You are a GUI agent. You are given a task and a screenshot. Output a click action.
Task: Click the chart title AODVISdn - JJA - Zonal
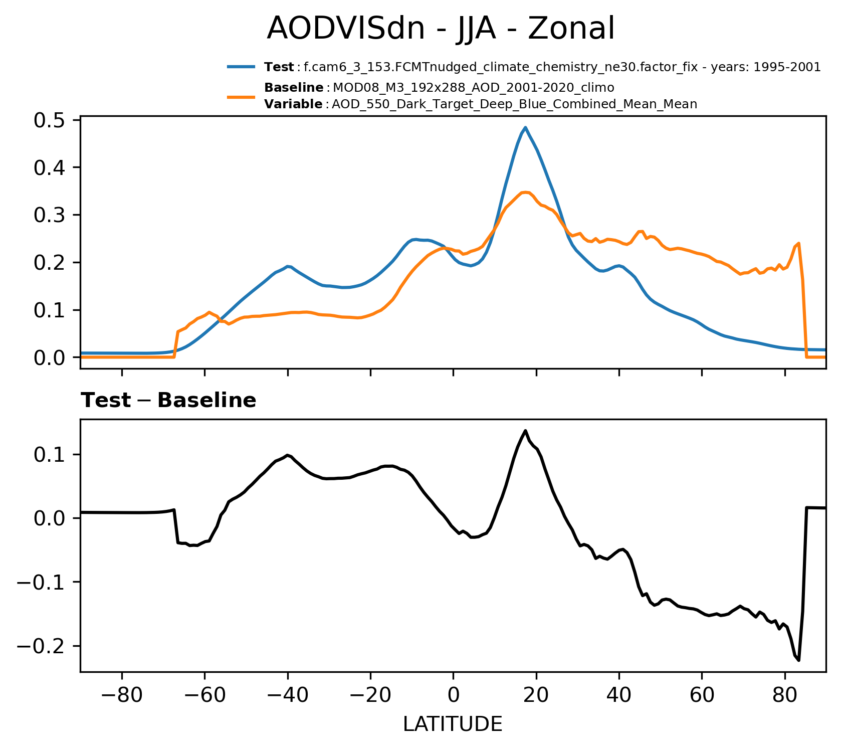click(440, 29)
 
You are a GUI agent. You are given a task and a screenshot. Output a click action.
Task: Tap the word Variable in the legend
click(294, 104)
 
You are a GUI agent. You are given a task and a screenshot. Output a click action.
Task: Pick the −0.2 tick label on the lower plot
click(42, 646)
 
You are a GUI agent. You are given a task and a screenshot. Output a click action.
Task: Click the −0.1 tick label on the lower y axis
click(42, 582)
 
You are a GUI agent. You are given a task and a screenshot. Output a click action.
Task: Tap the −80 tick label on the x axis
click(122, 696)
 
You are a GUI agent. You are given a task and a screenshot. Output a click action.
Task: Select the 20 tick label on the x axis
click(536, 696)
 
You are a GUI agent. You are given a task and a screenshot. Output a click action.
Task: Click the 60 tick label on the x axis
click(702, 696)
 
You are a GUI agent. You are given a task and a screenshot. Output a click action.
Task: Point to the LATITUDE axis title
click(453, 724)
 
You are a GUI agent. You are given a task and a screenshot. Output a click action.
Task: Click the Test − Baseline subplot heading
click(168, 401)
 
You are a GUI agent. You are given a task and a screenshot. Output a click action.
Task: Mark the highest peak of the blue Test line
click(525, 127)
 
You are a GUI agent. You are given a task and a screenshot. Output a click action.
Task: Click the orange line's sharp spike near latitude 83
click(798, 243)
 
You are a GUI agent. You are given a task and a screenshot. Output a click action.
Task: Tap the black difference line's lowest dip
click(798, 660)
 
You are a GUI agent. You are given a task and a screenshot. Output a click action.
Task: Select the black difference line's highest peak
click(525, 431)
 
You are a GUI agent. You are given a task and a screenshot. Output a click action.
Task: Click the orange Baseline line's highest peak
click(524, 192)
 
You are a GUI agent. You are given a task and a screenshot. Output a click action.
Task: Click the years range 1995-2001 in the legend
click(788, 67)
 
